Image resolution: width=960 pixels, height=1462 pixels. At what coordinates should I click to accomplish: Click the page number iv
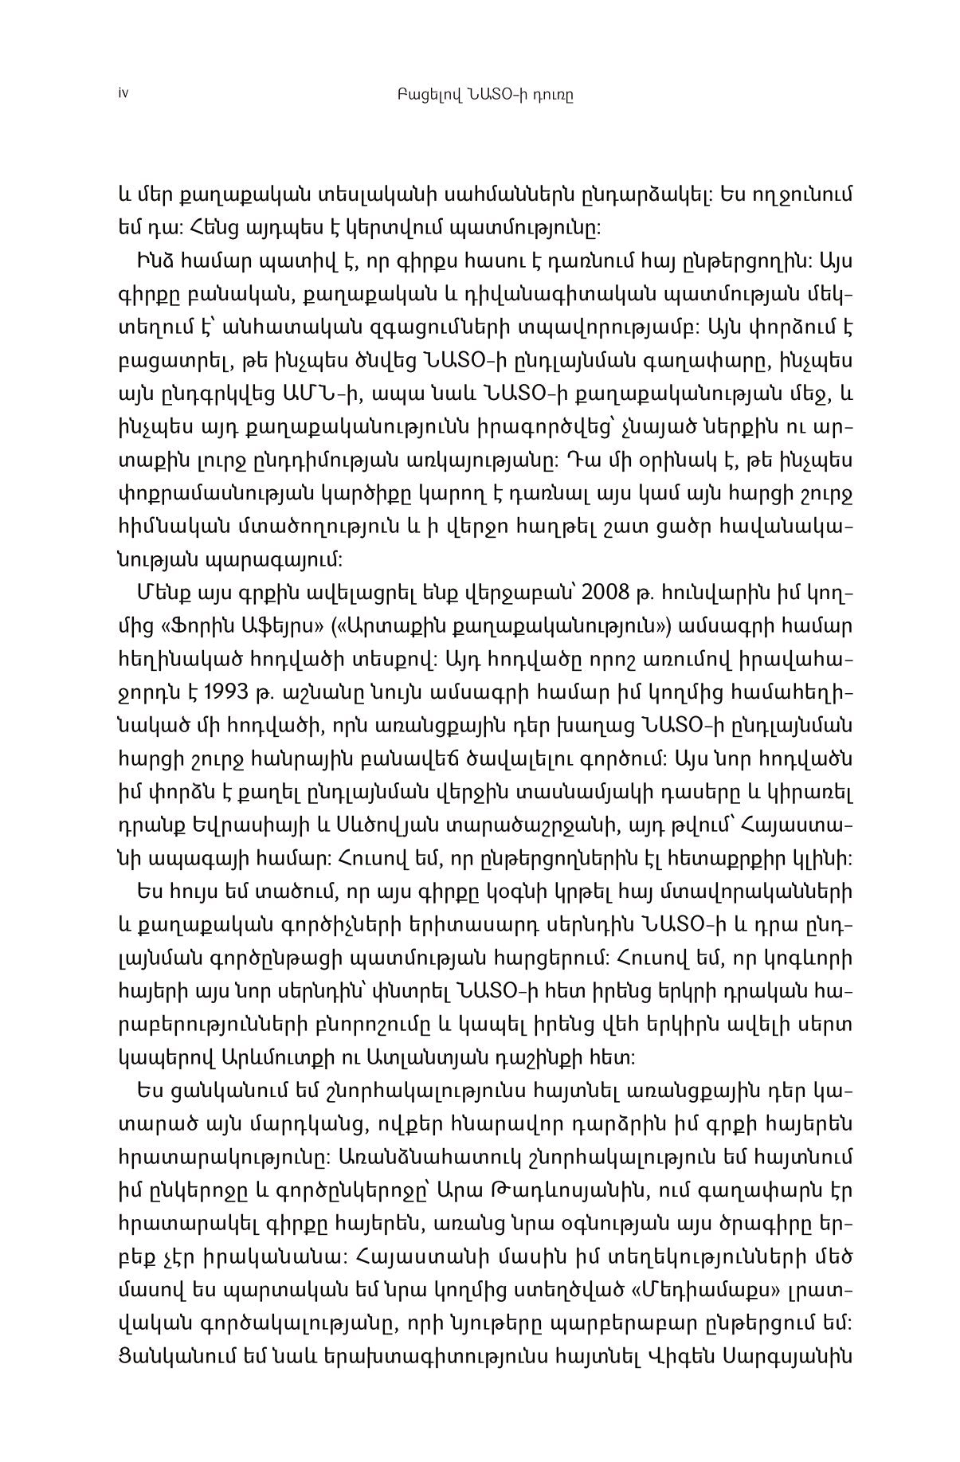(122, 93)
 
